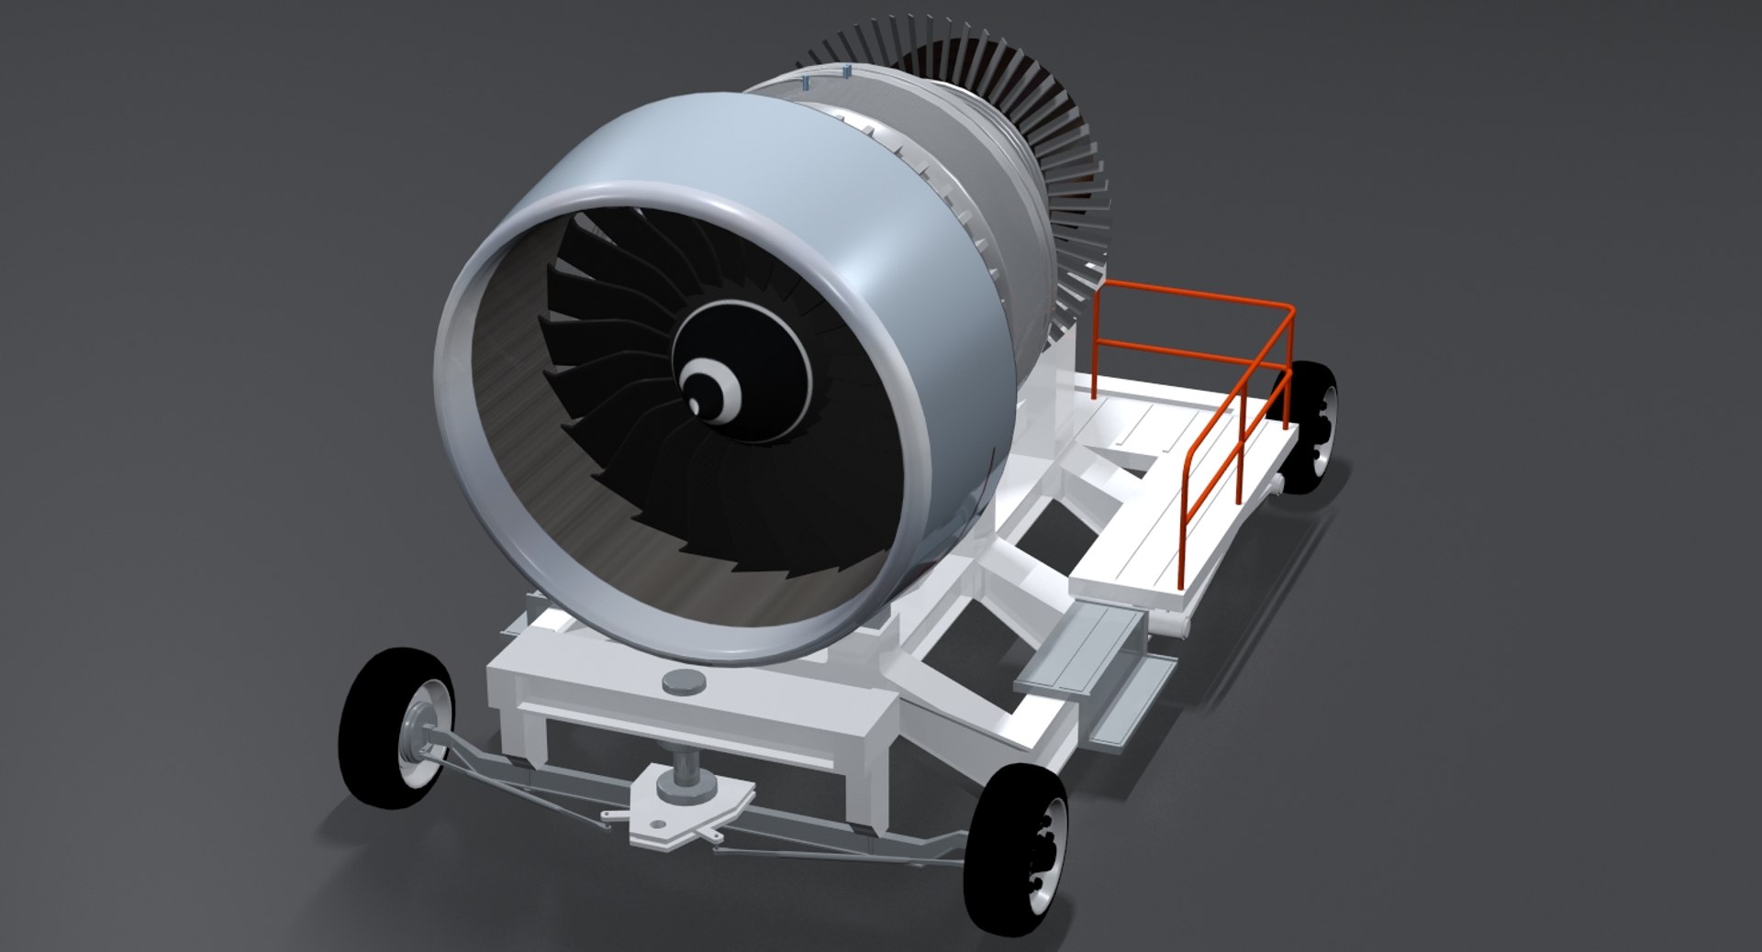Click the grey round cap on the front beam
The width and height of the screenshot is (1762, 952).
(683, 681)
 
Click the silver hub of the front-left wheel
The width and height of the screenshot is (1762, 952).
(420, 739)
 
